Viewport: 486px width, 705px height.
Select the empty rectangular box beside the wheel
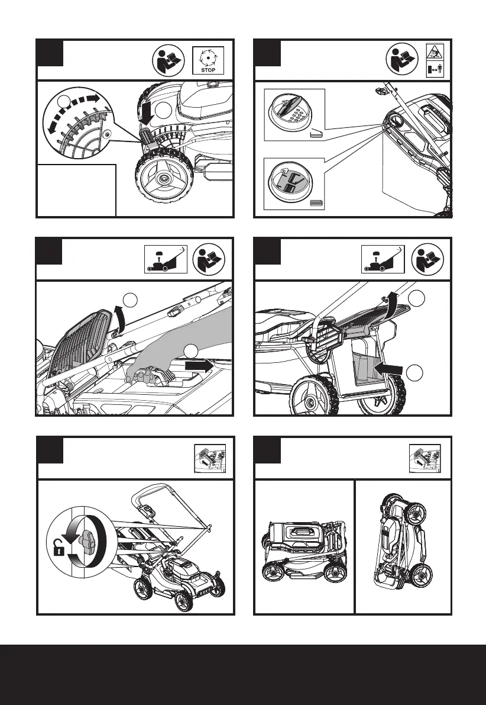point(75,189)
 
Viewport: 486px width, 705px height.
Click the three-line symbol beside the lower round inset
point(317,203)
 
